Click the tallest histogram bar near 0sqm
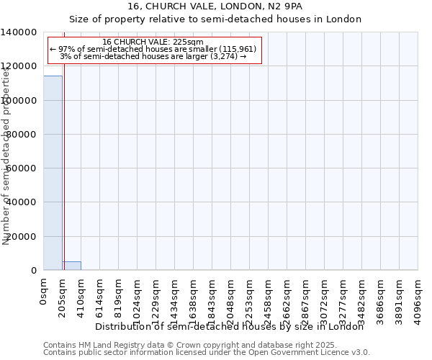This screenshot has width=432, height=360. tap(53, 173)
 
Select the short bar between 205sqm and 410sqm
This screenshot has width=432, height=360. tap(71, 266)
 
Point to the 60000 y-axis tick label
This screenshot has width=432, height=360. tap(22, 168)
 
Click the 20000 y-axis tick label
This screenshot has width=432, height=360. tap(22, 236)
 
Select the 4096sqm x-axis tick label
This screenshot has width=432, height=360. tap(418, 296)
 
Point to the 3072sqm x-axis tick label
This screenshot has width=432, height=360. tap(325, 296)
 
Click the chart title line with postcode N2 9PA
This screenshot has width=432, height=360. tap(215, 6)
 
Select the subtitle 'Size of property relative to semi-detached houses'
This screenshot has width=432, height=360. tap(215, 19)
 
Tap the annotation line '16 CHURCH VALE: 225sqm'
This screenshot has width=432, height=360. tap(153, 42)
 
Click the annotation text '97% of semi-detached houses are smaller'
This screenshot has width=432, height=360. tap(153, 49)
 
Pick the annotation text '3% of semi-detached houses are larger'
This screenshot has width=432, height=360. tap(153, 56)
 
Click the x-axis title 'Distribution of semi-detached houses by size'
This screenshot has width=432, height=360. tap(230, 326)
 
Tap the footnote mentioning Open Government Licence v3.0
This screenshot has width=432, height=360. tap(206, 353)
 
